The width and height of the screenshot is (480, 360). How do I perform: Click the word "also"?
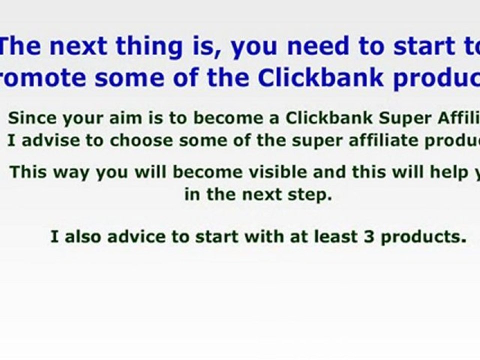pyautogui.click(x=83, y=236)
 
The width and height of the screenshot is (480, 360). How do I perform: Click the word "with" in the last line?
pyautogui.click(x=259, y=236)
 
